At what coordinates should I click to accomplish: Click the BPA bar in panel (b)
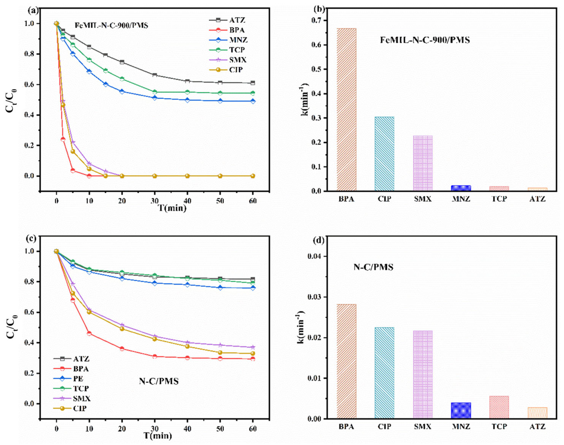click(346, 109)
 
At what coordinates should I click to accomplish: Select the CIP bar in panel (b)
click(384, 154)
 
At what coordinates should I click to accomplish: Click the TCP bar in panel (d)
click(499, 407)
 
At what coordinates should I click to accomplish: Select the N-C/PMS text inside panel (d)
click(373, 267)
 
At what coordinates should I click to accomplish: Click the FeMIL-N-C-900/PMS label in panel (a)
click(112, 26)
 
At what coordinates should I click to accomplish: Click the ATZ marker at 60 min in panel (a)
click(252, 83)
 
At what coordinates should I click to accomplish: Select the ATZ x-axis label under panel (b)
click(537, 199)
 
